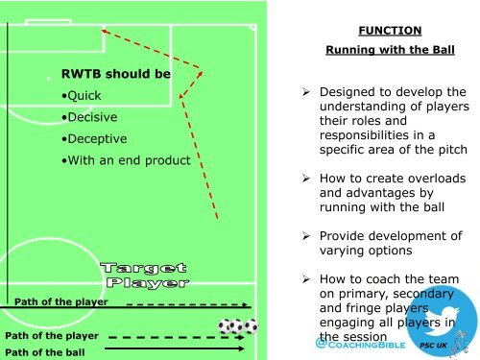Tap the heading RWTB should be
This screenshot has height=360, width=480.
[115, 73]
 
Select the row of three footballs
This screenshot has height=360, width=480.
[238, 327]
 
